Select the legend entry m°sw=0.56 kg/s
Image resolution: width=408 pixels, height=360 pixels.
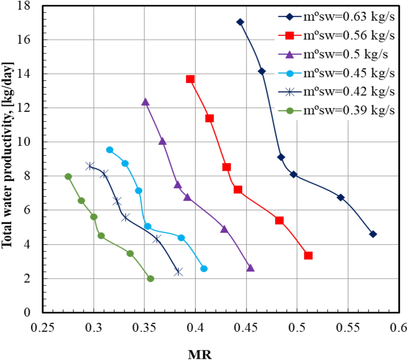pos(336,35)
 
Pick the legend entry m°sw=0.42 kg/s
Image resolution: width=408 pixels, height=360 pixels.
pos(336,91)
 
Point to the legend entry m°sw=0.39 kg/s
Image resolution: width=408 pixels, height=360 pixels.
pos(336,110)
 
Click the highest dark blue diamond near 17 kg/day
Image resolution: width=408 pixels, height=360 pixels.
pos(240,22)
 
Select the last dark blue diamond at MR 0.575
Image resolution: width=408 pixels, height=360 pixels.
pos(373,234)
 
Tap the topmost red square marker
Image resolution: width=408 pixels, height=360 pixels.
pos(190,79)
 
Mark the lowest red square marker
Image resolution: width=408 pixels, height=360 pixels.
pos(308,256)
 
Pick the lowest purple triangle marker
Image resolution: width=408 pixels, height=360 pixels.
pos(250,268)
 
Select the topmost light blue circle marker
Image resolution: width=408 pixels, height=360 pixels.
pos(110,150)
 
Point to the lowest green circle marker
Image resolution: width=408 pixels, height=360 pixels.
pos(150,279)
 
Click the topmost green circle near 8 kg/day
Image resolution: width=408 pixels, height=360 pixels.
pos(68,177)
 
